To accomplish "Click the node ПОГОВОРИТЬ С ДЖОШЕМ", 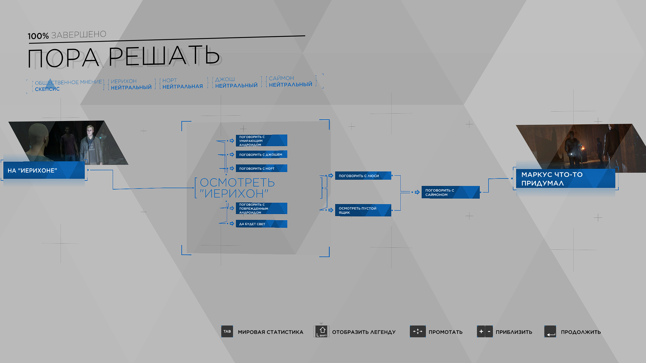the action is point(261,155).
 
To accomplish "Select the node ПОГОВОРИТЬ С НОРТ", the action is point(261,168).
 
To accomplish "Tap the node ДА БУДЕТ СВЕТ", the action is point(261,224).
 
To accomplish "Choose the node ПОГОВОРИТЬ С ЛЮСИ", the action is point(363,176).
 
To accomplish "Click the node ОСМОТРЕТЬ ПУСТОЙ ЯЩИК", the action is point(363,210).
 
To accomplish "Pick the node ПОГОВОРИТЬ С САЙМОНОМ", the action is point(451,192).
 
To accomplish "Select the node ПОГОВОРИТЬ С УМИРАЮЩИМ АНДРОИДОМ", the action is point(261,140).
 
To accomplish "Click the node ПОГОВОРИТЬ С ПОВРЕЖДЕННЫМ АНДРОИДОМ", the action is point(261,208).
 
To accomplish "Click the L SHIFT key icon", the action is point(322,331).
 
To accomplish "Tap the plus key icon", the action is point(481,331).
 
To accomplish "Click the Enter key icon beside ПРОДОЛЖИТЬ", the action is point(550,331).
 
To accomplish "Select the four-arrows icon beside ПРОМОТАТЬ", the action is point(418,331).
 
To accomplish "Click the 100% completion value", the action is point(38,36).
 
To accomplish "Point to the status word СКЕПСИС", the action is point(47,89).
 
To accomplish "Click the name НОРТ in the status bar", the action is point(170,81).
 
